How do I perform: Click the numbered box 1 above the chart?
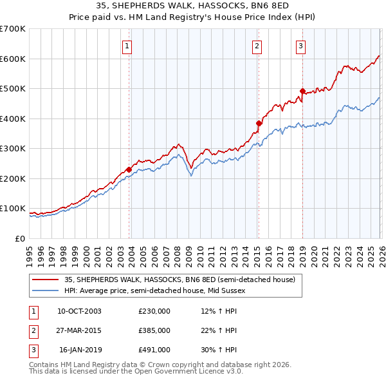(127, 46)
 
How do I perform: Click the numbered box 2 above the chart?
(257, 46)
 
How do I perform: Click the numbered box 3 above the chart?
(300, 46)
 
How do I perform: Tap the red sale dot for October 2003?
(129, 169)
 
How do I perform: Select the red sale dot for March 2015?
(259, 123)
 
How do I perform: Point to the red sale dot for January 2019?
(302, 91)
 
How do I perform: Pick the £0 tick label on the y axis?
(21, 239)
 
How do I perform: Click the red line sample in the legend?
(45, 280)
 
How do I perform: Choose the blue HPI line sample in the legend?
(45, 290)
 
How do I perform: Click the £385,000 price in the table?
(154, 330)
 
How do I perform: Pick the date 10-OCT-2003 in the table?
(79, 311)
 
